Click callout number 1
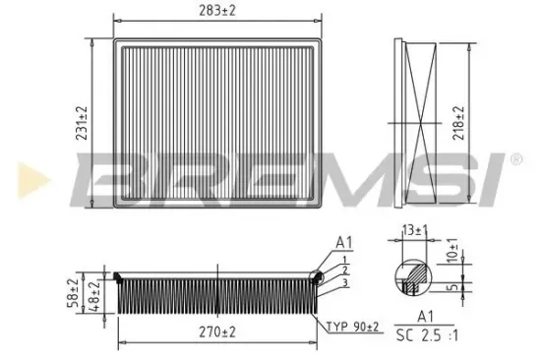(x=344, y=259)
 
